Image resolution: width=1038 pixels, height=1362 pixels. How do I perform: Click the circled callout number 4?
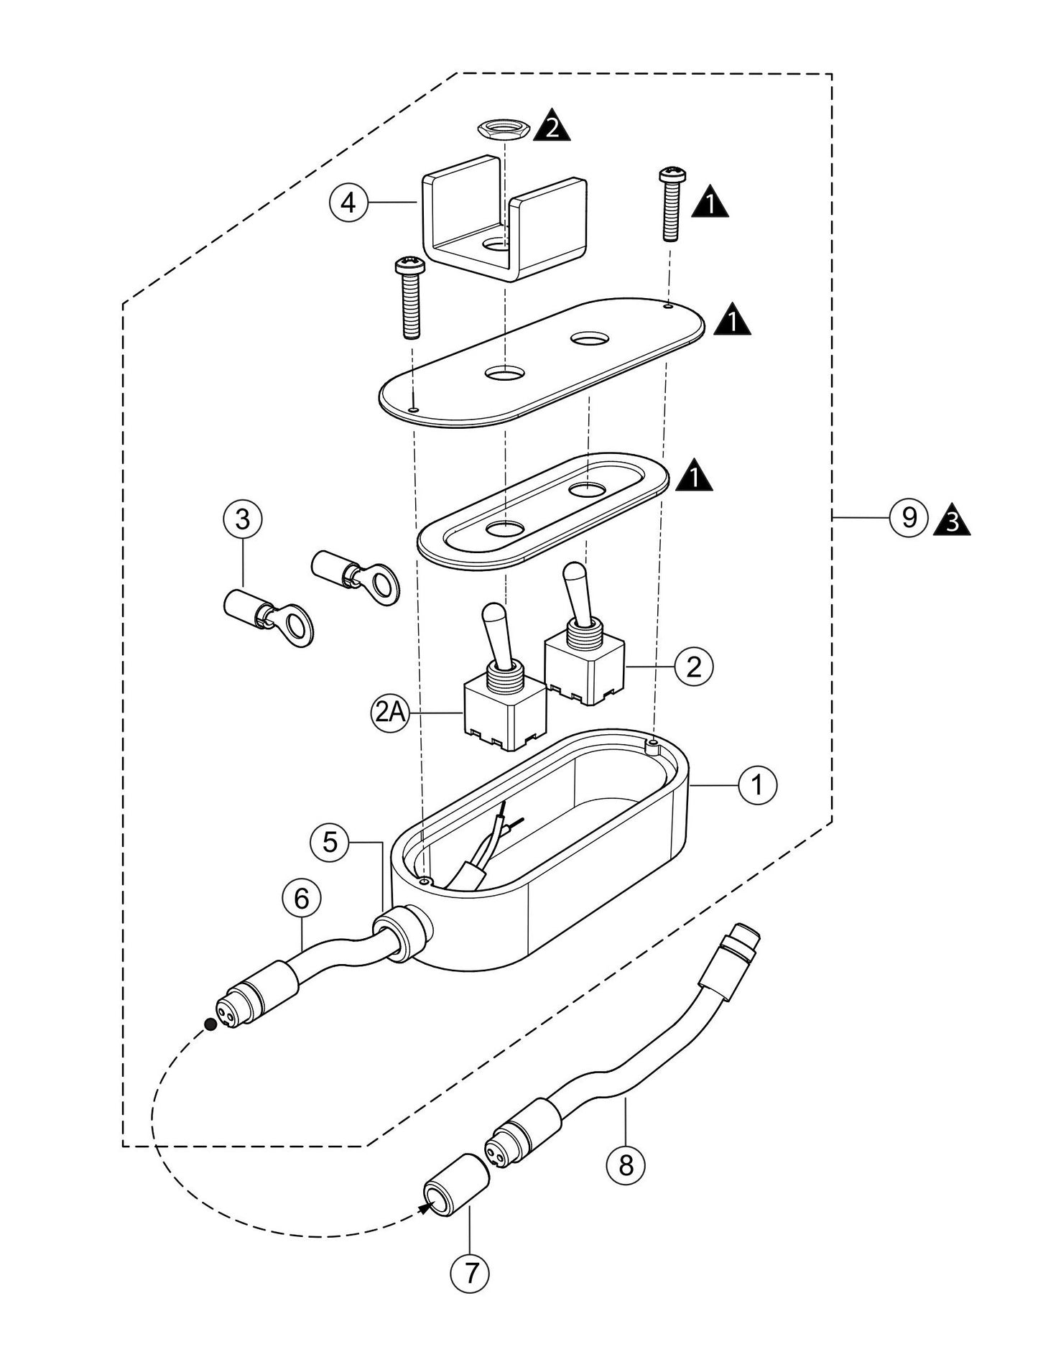coord(348,203)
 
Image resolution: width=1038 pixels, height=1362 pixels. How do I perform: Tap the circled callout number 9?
coord(909,517)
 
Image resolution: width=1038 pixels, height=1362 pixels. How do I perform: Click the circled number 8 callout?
coord(626,1164)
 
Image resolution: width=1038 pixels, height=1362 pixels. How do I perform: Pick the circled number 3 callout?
coord(242,519)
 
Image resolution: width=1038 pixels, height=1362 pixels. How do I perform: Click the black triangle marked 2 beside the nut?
coord(552,125)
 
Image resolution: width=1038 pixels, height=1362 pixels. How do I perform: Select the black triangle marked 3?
coord(952,521)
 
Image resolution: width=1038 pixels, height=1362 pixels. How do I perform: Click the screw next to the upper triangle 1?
coord(671,205)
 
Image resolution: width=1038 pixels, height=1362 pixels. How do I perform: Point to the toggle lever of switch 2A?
coord(494,632)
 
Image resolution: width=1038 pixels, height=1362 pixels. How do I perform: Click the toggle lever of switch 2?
coord(576,588)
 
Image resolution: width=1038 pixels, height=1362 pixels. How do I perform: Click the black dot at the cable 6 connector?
coord(210,1024)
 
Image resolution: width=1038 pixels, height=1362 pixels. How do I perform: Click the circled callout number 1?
coord(757,785)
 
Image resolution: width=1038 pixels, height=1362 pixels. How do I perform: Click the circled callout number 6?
coord(301,897)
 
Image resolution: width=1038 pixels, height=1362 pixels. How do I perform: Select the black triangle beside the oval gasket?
coord(694,477)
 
